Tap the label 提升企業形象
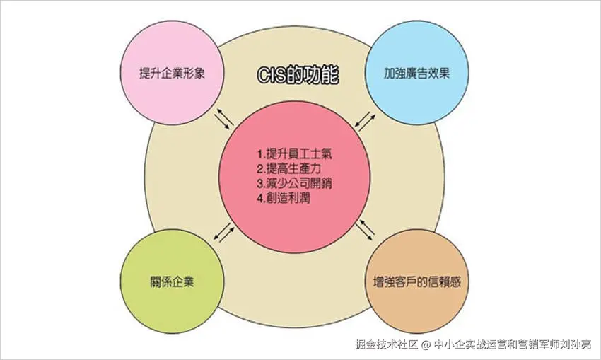click(x=173, y=73)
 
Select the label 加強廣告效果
click(x=417, y=73)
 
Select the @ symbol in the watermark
click(x=426, y=345)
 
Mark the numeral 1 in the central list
click(x=259, y=153)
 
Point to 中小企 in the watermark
click(x=450, y=344)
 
